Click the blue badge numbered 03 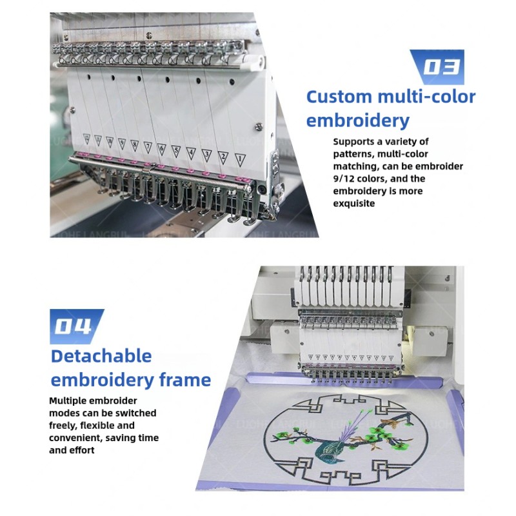439,67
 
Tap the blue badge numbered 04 76,326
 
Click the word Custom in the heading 339,97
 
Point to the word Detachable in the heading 101,356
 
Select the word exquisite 353,203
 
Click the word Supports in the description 356,141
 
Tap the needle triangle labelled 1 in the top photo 239,157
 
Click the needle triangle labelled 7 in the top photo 148,146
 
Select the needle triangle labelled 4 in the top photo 191,152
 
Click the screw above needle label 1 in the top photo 259,126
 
